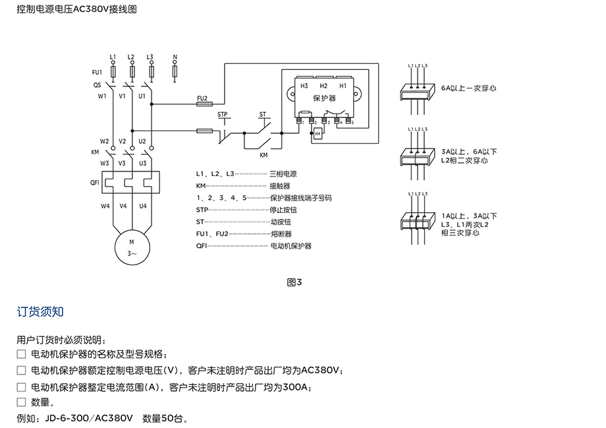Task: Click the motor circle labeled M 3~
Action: [131, 247]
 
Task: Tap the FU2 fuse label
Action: [202, 98]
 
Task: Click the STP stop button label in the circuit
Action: [222, 114]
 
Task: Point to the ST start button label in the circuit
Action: [263, 114]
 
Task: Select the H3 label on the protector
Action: [304, 86]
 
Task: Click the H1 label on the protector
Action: [343, 86]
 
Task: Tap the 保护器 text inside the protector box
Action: [324, 98]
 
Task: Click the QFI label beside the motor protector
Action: [94, 184]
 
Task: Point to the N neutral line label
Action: [174, 57]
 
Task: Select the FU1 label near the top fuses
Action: [97, 72]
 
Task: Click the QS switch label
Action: [97, 84]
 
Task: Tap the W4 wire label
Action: [105, 206]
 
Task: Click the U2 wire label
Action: [142, 141]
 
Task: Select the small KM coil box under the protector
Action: [317, 134]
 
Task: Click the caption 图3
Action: [294, 283]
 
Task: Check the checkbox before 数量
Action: [21, 402]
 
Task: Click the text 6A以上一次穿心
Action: [468, 88]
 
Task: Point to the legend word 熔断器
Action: [281, 233]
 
